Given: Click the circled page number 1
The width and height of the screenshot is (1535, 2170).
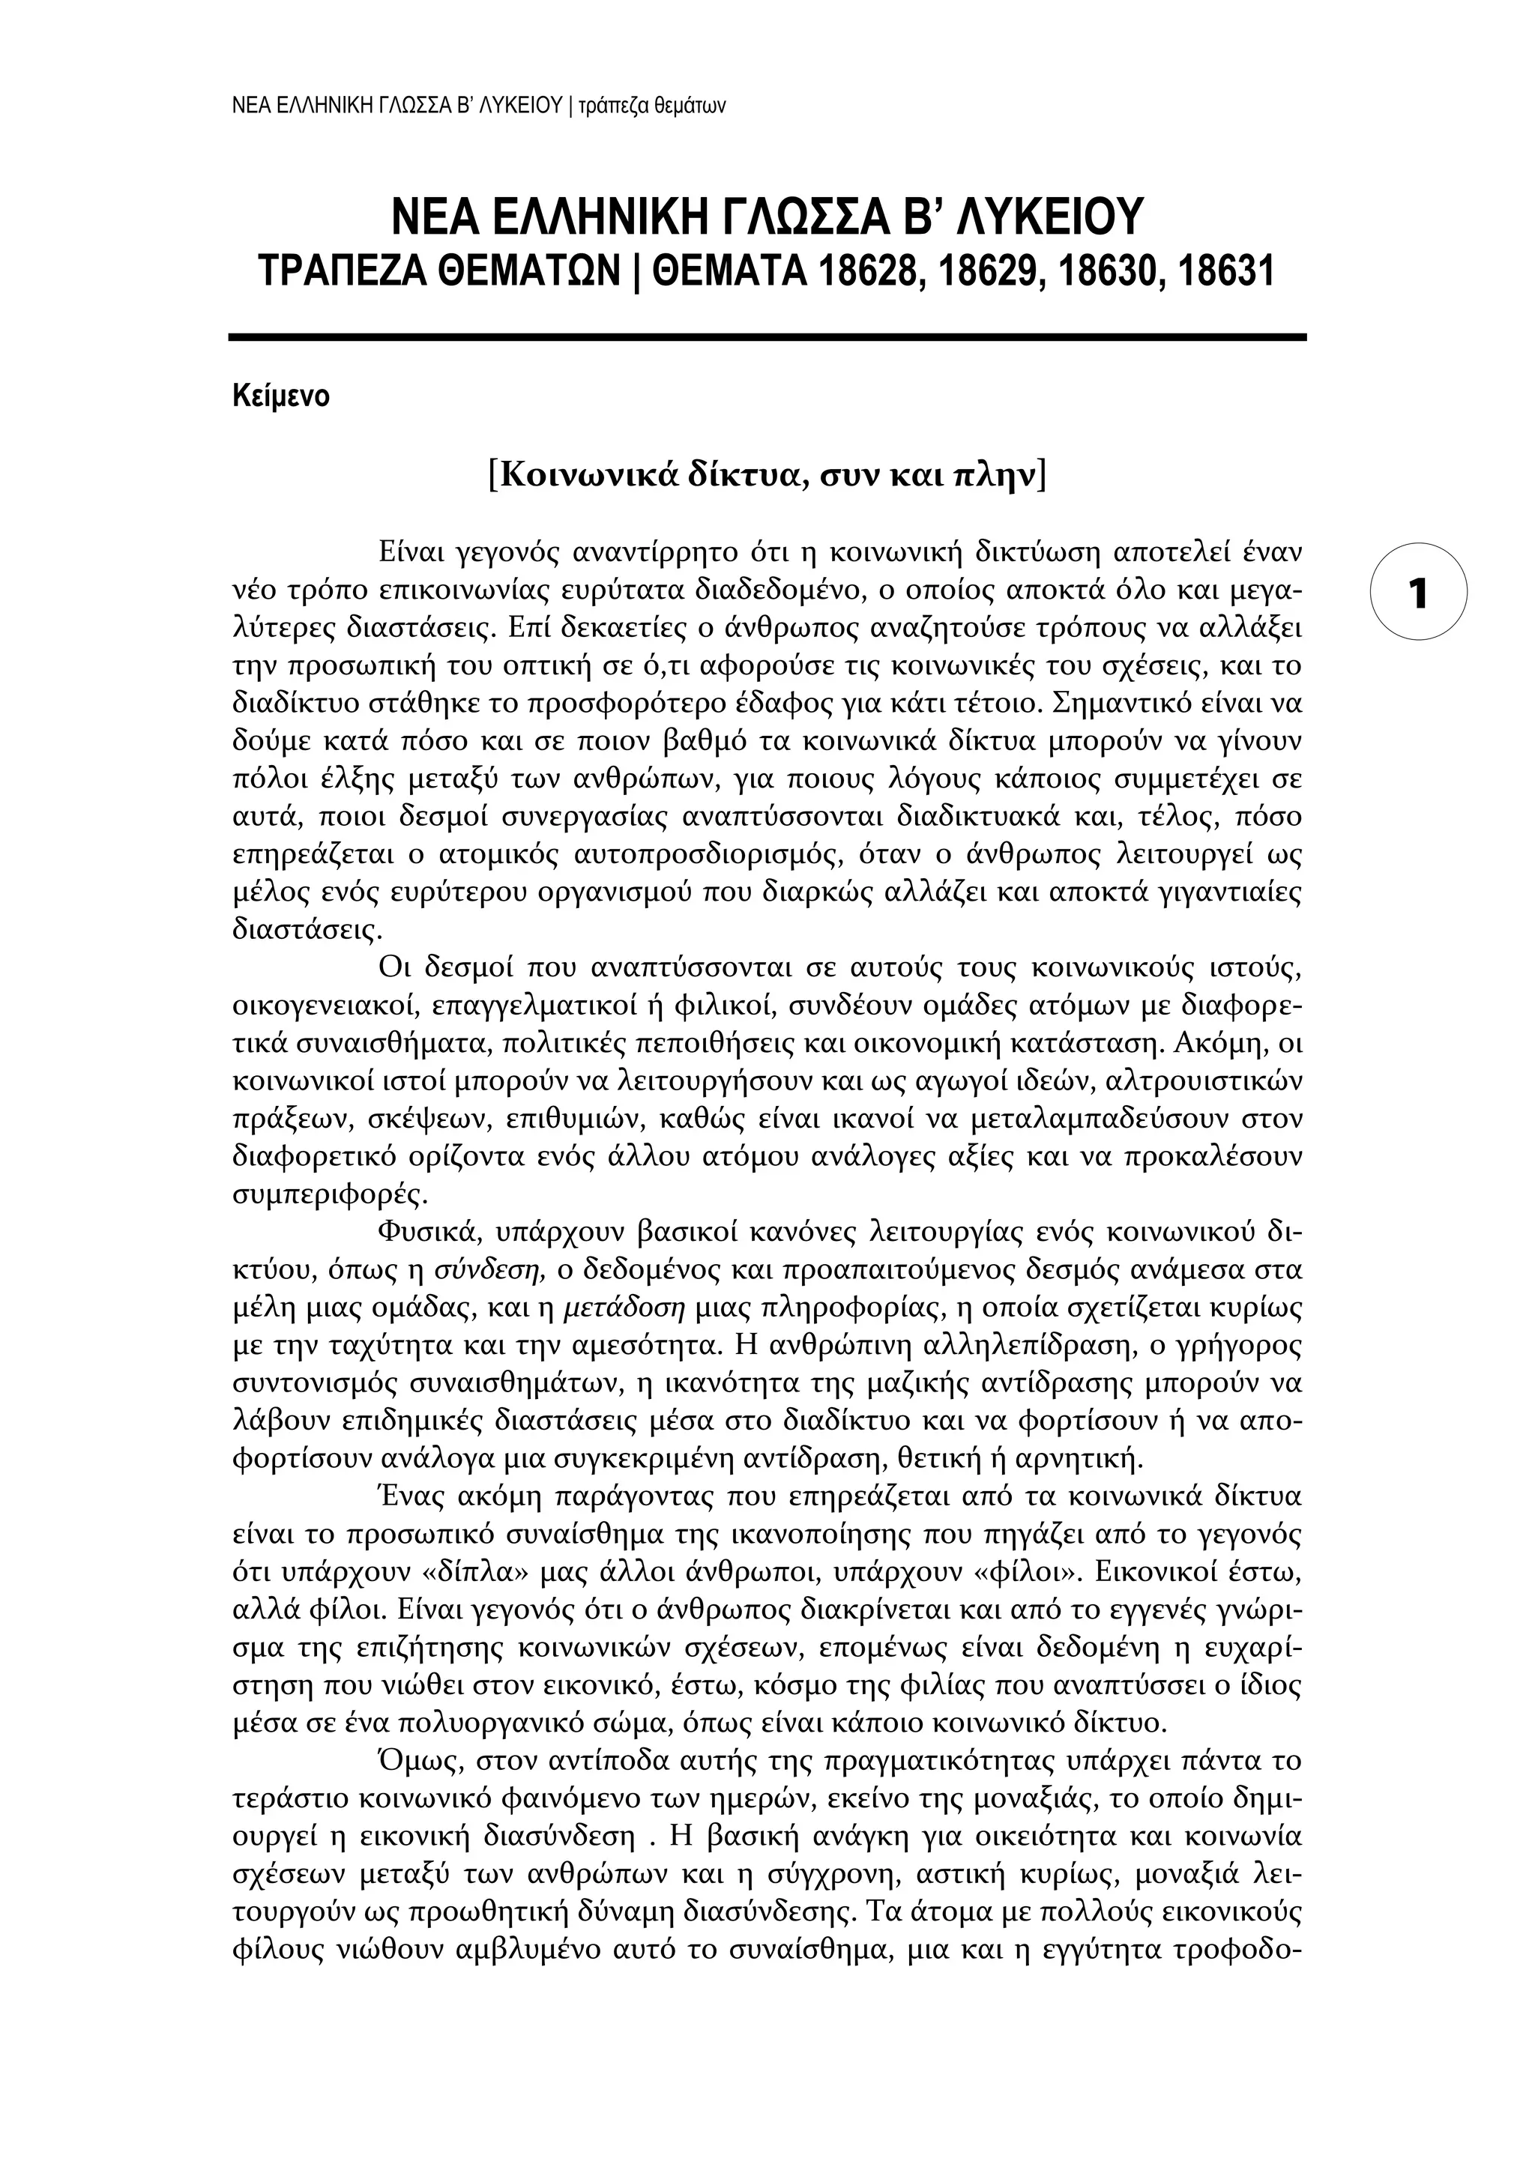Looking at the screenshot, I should coord(1418,593).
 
